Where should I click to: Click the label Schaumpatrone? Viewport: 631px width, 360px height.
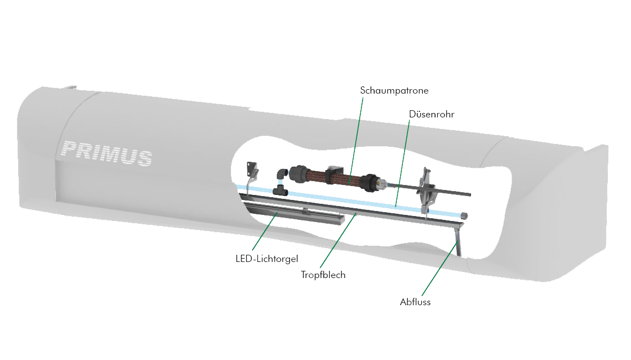(x=394, y=91)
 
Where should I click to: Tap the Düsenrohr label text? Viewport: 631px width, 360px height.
(x=431, y=114)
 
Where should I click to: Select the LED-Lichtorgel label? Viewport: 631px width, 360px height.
(x=267, y=259)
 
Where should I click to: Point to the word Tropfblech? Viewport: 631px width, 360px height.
(x=323, y=275)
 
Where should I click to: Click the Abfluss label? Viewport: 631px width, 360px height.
(x=415, y=302)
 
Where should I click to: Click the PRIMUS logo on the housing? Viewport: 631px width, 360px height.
(x=107, y=153)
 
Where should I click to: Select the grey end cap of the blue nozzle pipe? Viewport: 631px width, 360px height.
(x=464, y=215)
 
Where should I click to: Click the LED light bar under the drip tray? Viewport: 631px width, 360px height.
(x=294, y=213)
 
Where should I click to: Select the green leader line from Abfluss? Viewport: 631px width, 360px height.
(x=439, y=269)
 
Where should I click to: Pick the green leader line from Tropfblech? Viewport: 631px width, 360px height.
(x=338, y=241)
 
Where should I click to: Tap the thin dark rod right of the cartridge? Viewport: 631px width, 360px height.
(x=429, y=189)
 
